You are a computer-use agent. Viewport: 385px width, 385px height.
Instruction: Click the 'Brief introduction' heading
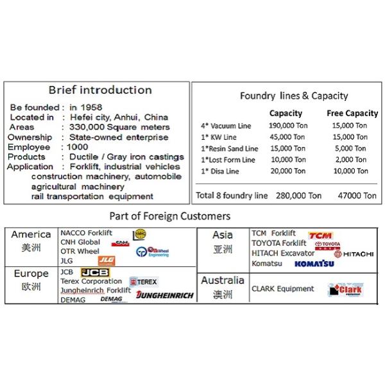[101, 90]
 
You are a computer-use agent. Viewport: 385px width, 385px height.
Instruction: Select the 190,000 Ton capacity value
[286, 126]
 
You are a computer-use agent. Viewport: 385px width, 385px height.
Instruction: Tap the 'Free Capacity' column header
[352, 114]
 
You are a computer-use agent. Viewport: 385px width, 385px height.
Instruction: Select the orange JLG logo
[106, 261]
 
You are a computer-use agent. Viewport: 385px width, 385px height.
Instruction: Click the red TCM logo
[320, 235]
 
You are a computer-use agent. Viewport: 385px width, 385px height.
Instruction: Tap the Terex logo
[144, 281]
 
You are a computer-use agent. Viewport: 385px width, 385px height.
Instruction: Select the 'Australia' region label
[222, 280]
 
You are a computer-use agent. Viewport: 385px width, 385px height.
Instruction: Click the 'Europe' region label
[31, 274]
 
